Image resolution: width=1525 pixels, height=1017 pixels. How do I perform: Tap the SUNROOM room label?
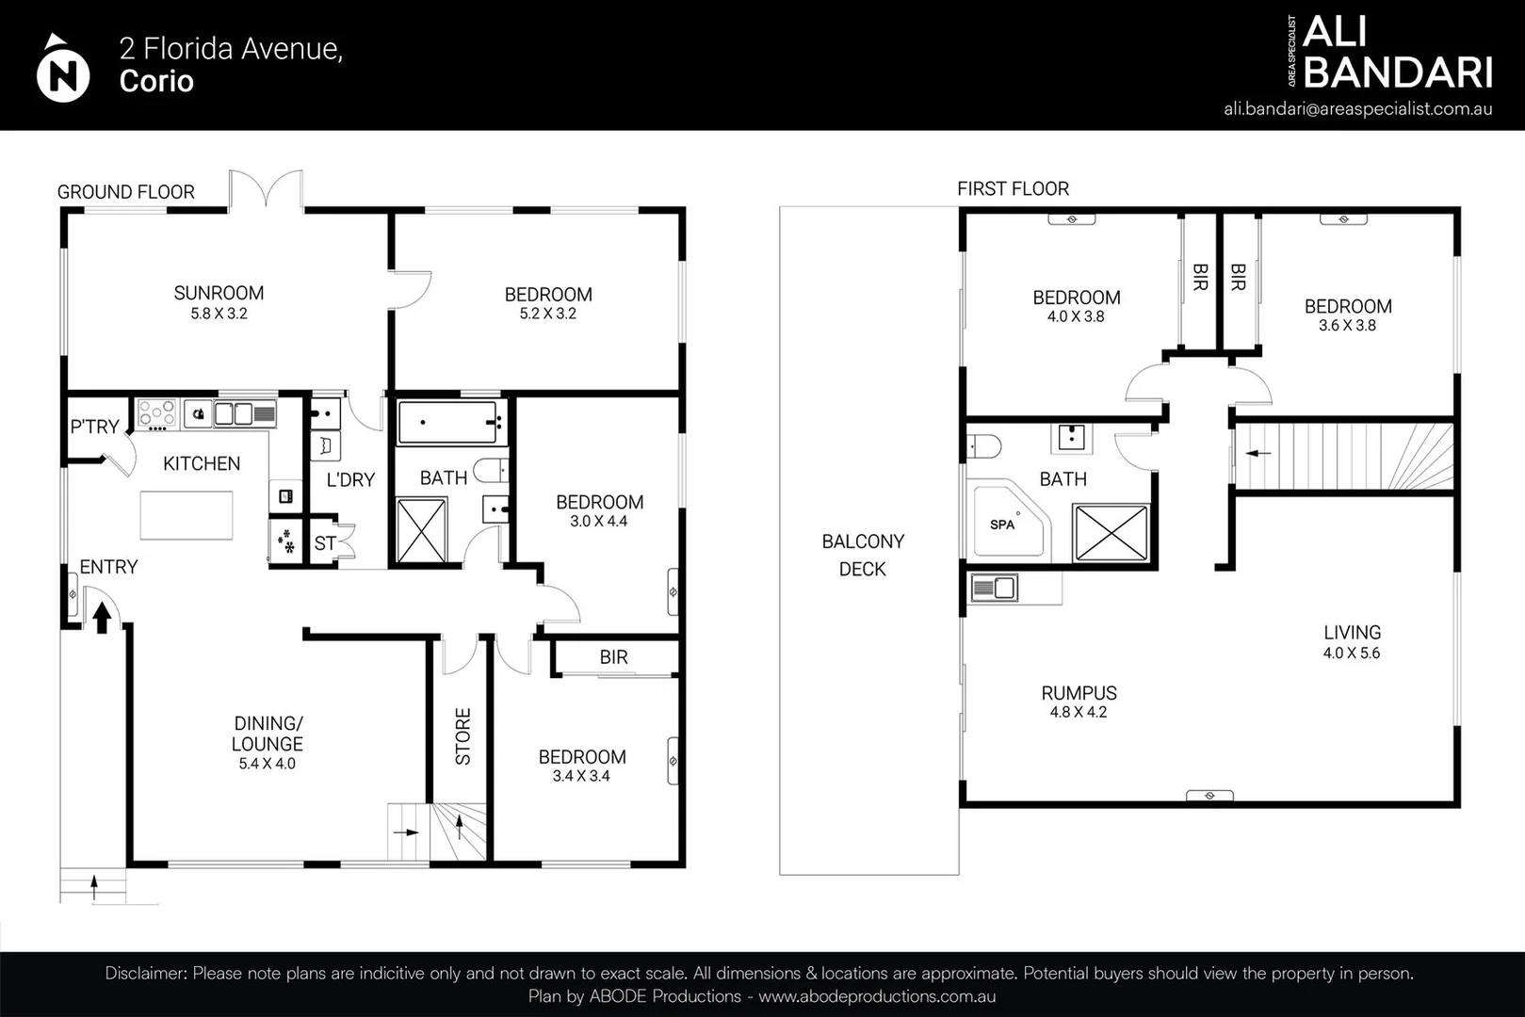[x=219, y=294]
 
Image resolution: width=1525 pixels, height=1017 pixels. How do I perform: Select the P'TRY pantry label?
[x=94, y=427]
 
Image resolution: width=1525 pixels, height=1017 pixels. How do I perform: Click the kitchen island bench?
[x=187, y=515]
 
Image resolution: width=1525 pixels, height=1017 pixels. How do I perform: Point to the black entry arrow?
[x=102, y=618]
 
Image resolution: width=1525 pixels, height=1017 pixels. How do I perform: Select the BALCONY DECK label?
[x=863, y=556]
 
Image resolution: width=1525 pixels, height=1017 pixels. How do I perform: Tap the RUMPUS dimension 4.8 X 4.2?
[x=1079, y=713]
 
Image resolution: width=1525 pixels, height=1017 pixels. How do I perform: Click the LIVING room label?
[x=1352, y=633]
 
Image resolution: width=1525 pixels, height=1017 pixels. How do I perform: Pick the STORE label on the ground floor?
[x=462, y=736]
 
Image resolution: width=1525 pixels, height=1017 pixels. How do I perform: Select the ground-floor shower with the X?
[x=422, y=531]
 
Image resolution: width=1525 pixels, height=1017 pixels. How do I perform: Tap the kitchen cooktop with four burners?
[x=157, y=413]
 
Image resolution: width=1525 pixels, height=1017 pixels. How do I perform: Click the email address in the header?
[x=1358, y=109]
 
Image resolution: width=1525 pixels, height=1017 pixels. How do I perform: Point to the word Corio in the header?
[x=156, y=81]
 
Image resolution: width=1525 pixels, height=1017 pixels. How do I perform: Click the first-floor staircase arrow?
[x=1258, y=453]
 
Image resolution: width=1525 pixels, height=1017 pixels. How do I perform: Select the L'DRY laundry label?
[x=350, y=480]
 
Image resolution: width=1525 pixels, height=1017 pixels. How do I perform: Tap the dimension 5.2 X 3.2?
[x=548, y=314]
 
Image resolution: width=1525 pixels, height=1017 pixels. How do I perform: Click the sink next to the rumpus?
[x=994, y=588]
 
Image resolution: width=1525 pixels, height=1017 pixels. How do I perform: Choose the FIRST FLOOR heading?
[x=1013, y=188]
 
